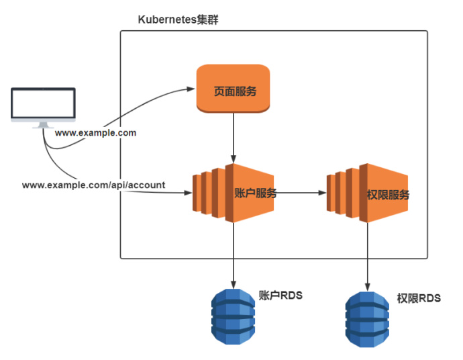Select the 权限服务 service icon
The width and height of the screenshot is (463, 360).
click(367, 193)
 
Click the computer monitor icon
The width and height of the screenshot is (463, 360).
click(44, 107)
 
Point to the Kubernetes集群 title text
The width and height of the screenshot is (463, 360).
click(178, 19)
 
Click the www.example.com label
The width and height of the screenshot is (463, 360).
click(95, 133)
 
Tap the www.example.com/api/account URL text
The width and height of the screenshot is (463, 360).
click(93, 184)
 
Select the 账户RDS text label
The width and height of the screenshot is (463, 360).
click(280, 294)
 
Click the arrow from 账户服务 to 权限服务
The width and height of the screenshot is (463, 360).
click(301, 193)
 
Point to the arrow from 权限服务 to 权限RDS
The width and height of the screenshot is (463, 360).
click(368, 255)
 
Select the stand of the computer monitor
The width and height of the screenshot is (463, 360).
click(44, 124)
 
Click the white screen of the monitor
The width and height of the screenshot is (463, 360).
click(44, 103)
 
